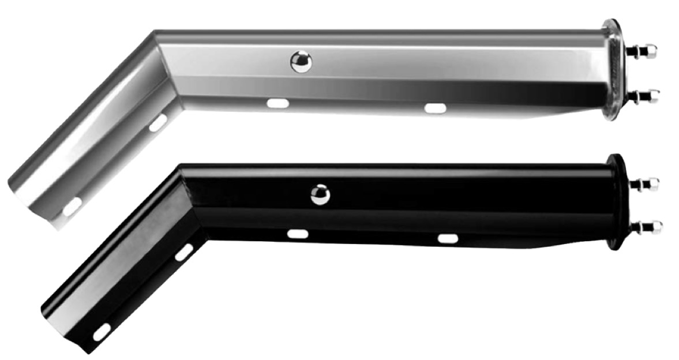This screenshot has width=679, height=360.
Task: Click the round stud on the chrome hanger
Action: [x=301, y=62]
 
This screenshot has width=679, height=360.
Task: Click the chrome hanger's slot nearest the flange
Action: [x=435, y=108]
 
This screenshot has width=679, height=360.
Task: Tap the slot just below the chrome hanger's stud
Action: [x=277, y=103]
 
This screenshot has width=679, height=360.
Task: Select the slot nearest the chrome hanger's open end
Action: [x=72, y=206]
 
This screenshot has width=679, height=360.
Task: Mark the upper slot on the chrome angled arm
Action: [x=157, y=122]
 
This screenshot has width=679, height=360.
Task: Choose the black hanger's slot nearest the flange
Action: [x=448, y=238]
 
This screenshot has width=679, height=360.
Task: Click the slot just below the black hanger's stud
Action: [x=298, y=234]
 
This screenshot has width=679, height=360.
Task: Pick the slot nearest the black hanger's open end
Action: [x=102, y=331]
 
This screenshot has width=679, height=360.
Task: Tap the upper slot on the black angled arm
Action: [x=184, y=252]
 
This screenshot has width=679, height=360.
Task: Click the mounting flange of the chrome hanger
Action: [x=614, y=69]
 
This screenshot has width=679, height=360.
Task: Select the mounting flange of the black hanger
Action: [x=617, y=202]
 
